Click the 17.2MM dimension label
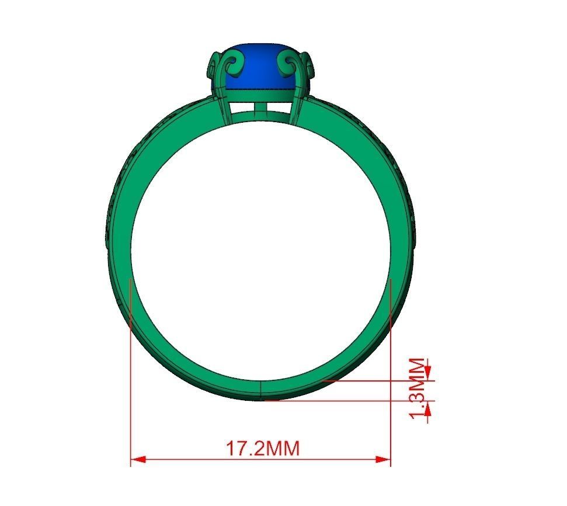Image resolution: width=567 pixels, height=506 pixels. pos(262,449)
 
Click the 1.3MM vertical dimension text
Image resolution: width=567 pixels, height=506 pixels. pos(419,388)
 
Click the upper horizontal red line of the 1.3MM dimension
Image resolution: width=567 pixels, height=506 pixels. pos(374,380)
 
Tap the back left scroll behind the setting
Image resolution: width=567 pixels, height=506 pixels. pos(213,67)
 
